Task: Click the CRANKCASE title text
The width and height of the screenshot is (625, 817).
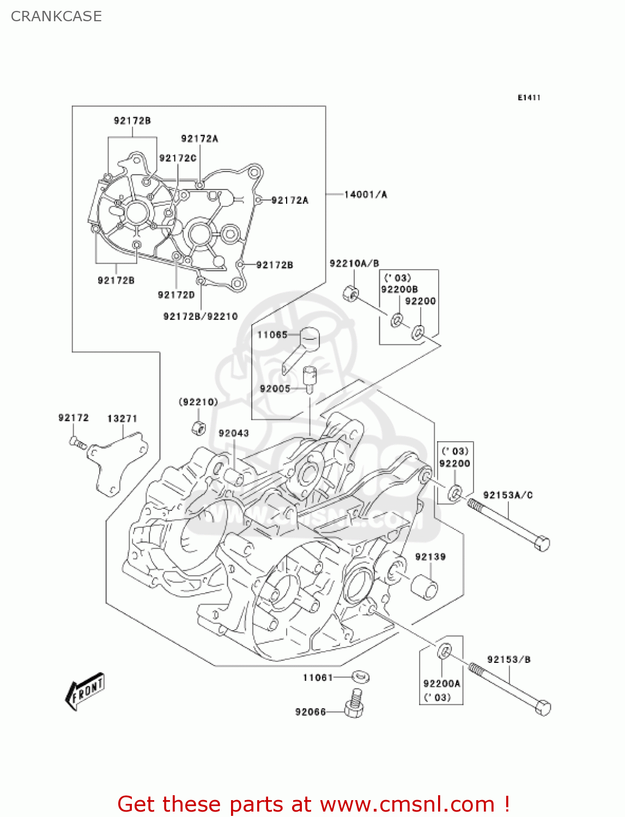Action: pyautogui.click(x=56, y=16)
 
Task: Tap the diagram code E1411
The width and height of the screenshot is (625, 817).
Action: pyautogui.click(x=529, y=97)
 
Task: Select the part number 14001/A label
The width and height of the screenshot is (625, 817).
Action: pyautogui.click(x=365, y=194)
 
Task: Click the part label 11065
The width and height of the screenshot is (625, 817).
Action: pyautogui.click(x=272, y=334)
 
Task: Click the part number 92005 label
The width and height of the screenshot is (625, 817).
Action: pyautogui.click(x=275, y=388)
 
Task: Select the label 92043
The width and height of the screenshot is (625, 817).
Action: pyautogui.click(x=234, y=433)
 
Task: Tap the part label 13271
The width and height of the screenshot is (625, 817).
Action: pyautogui.click(x=122, y=418)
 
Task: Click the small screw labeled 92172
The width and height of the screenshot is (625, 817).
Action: pyautogui.click(x=77, y=442)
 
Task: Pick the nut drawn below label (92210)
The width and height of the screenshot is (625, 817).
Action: pyautogui.click(x=199, y=428)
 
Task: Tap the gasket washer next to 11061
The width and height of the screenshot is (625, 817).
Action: pyautogui.click(x=360, y=676)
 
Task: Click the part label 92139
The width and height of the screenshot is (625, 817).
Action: pyautogui.click(x=430, y=557)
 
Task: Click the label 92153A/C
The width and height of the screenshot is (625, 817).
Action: pyautogui.click(x=507, y=495)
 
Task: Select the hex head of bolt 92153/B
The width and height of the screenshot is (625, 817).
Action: pyautogui.click(x=543, y=708)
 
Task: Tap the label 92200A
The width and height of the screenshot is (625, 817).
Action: pyautogui.click(x=441, y=684)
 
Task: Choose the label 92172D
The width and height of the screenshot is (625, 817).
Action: pyautogui.click(x=176, y=295)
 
